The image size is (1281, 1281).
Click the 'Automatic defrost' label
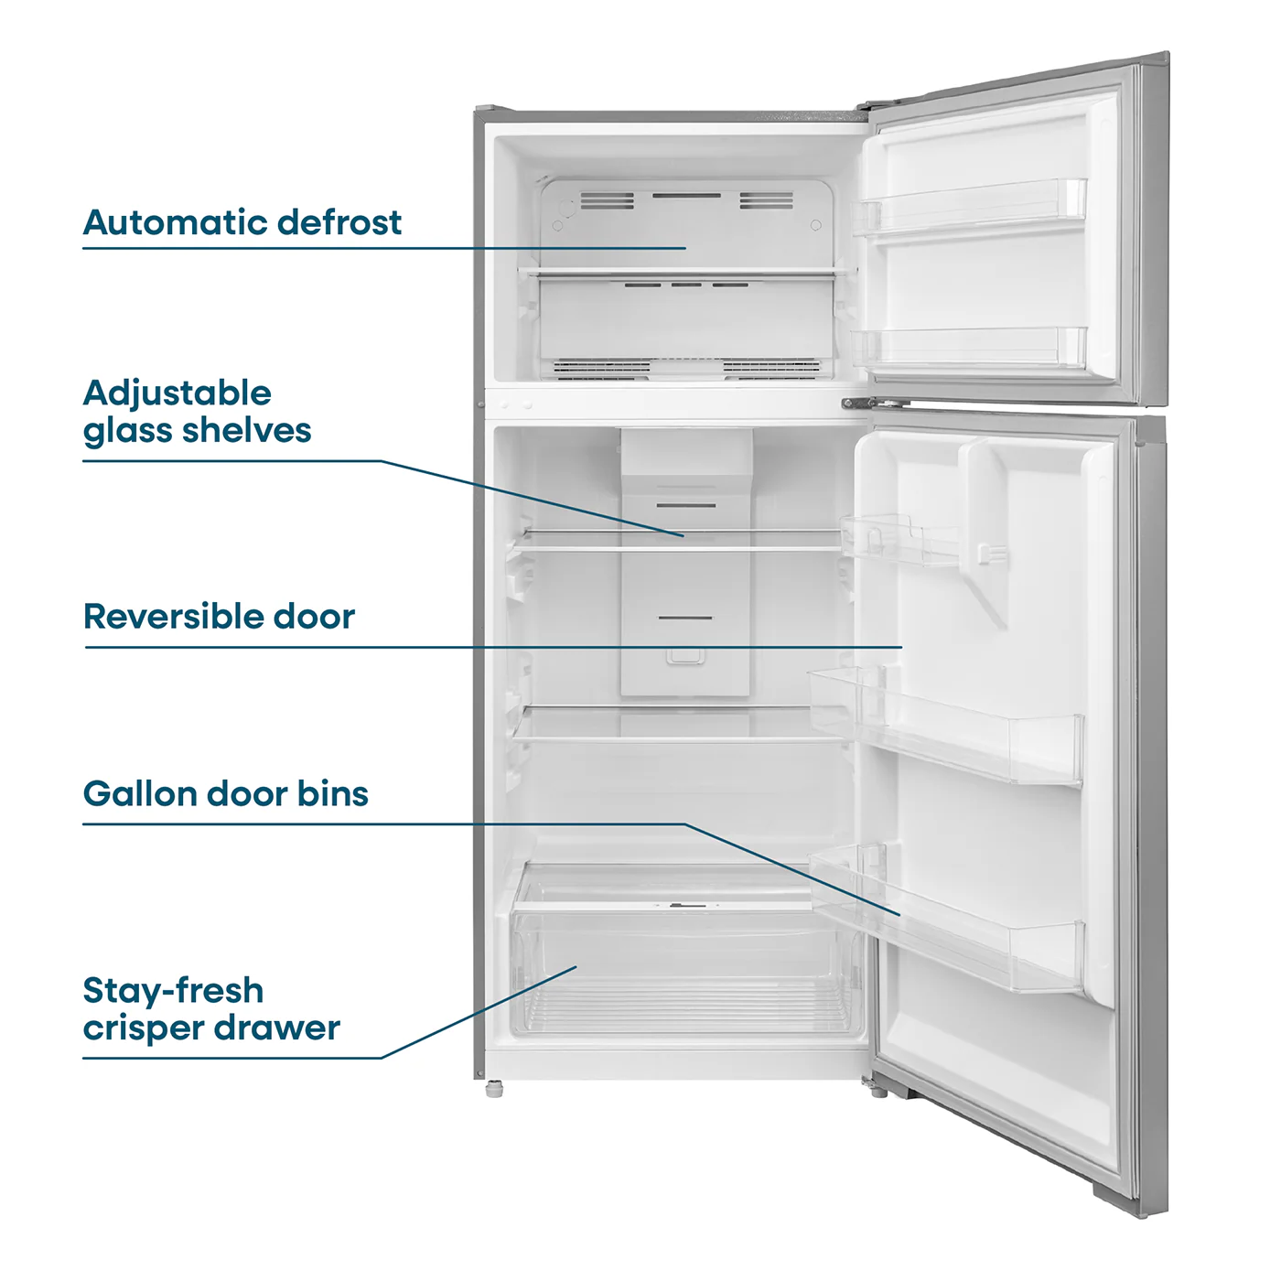pos(242,222)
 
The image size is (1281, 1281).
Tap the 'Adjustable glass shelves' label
pos(197,412)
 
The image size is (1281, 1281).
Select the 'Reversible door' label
pos(219,616)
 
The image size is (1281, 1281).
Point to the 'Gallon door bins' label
pos(225,793)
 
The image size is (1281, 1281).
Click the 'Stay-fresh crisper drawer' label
pos(211,1009)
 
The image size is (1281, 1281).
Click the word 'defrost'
pos(339,222)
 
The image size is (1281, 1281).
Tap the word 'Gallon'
pos(140,793)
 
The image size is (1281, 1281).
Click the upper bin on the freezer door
pos(969,208)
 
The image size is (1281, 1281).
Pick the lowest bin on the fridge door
pos(947,922)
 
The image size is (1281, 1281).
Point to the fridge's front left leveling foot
pos(494,1089)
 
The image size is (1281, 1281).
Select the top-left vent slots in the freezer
pos(607,200)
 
